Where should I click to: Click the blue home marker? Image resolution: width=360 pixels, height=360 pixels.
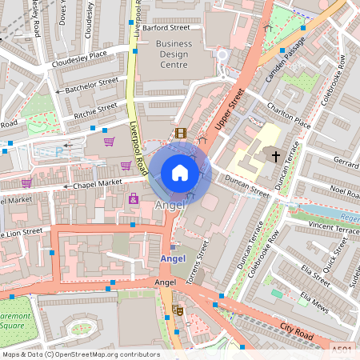180,173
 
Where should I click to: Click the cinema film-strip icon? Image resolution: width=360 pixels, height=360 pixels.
180,133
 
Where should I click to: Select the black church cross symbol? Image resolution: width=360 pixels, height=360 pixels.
276,155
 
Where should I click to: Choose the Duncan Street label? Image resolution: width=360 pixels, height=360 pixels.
248,190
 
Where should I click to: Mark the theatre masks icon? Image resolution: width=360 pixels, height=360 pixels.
178,310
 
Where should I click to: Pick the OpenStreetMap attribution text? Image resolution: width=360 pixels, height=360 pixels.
81,354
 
